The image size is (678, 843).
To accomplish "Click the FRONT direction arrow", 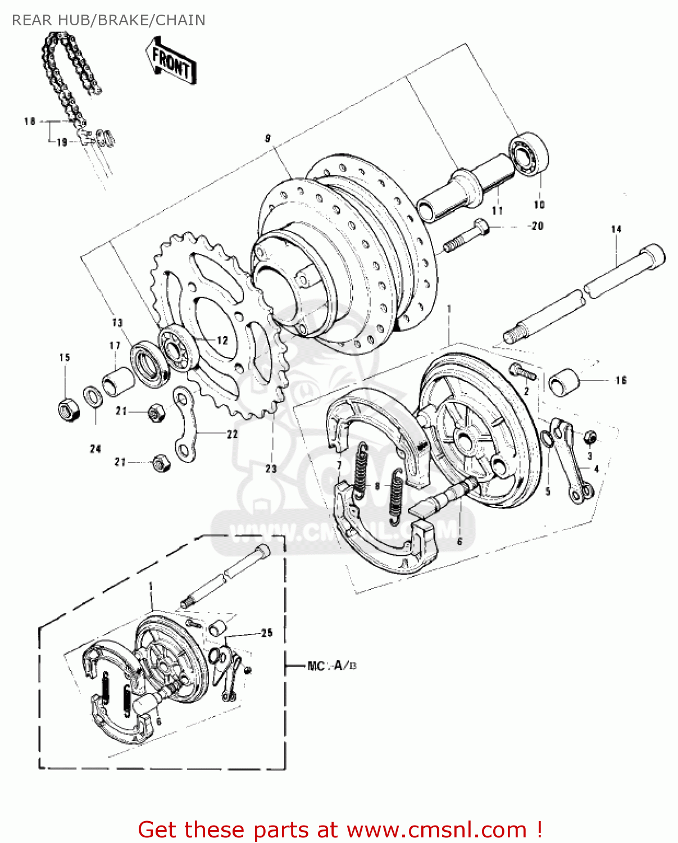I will [172, 62].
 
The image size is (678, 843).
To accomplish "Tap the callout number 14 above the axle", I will [616, 229].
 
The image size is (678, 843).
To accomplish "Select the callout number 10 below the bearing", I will [539, 205].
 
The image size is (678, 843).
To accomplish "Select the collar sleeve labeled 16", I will [563, 382].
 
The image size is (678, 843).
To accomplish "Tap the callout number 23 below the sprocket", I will [271, 468].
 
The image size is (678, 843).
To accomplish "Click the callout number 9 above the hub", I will [267, 138].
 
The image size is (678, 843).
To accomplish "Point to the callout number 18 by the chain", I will [30, 121].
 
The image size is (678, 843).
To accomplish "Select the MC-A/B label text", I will [332, 666].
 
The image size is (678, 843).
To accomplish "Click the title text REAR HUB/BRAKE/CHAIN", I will [108, 20].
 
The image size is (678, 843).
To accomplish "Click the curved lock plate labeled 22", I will [185, 424].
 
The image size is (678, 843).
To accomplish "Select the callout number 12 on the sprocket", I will [222, 340].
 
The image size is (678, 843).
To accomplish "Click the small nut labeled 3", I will [590, 437].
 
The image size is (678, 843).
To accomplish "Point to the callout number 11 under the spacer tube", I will [497, 210].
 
